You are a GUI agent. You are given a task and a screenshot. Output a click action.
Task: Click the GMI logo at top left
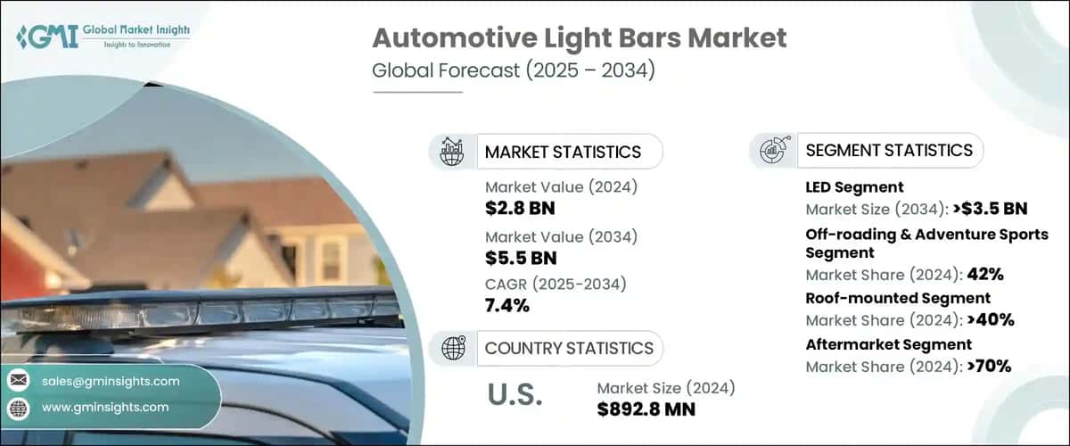(x=103, y=37)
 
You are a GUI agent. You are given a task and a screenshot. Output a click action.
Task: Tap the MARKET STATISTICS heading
(x=563, y=152)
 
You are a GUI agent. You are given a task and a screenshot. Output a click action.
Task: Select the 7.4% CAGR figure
(x=507, y=306)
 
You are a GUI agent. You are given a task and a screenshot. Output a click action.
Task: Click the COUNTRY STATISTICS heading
(x=569, y=348)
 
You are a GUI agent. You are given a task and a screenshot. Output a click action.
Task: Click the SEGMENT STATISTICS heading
(x=888, y=150)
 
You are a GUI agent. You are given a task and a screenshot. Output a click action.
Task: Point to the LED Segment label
(x=854, y=187)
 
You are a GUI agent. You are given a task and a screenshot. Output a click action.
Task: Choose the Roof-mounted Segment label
(x=898, y=298)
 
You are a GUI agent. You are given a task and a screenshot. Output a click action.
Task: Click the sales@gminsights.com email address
(x=111, y=381)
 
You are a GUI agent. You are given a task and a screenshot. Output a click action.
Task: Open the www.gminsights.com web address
(x=104, y=407)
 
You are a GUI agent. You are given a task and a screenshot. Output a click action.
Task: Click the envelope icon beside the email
(x=18, y=381)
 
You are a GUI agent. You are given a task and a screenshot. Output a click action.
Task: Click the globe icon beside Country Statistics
(x=453, y=348)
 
